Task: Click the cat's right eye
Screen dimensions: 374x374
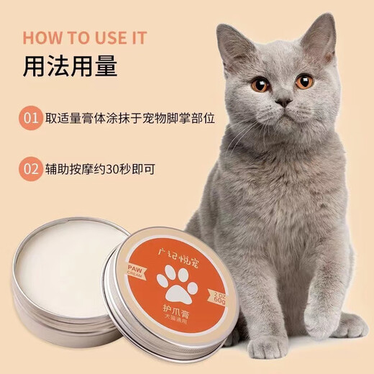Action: [304, 81]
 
